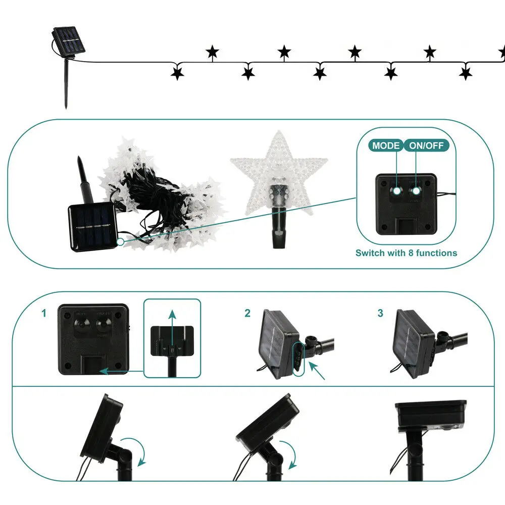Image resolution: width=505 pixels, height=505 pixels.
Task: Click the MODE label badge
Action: pos(386,146)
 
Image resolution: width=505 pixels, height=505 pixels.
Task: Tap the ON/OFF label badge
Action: pos(427,146)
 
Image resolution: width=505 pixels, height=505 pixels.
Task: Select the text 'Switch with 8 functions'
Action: pos(406,252)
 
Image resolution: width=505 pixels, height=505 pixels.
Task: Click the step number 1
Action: pos(44,314)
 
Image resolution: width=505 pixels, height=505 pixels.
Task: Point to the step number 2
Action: pos(247,314)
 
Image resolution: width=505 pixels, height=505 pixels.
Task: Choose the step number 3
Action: pos(380,314)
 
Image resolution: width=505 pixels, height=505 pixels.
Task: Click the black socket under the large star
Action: pos(278,217)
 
